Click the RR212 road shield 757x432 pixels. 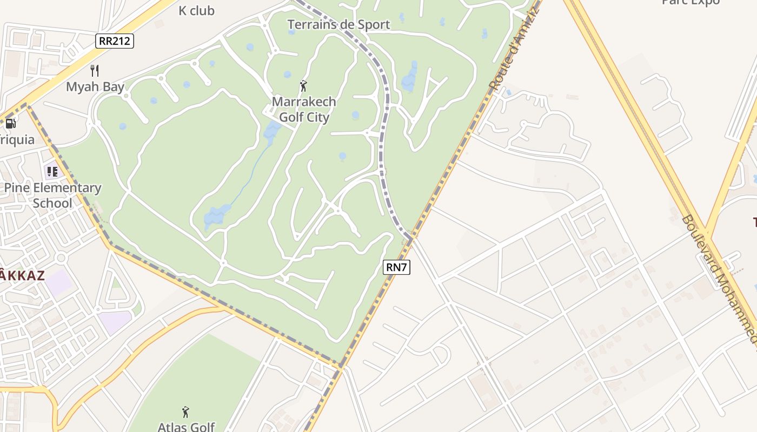coord(115,40)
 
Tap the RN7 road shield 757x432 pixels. coord(396,266)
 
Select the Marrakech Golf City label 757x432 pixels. coord(304,109)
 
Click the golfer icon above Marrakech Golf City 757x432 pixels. coord(303,86)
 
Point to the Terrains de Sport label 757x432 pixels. coord(338,24)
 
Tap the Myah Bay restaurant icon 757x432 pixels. coord(95,70)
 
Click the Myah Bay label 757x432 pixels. coord(95,87)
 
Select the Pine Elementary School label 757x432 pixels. coord(52,195)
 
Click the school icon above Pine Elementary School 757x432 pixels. coord(52,172)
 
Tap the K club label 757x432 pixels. coord(196,10)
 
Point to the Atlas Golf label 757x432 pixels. coord(186,427)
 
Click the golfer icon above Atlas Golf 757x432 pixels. coord(186,412)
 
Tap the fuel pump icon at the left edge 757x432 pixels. coord(10,123)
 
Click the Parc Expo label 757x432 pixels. coord(690,3)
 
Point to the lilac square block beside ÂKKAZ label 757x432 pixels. coord(59,282)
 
